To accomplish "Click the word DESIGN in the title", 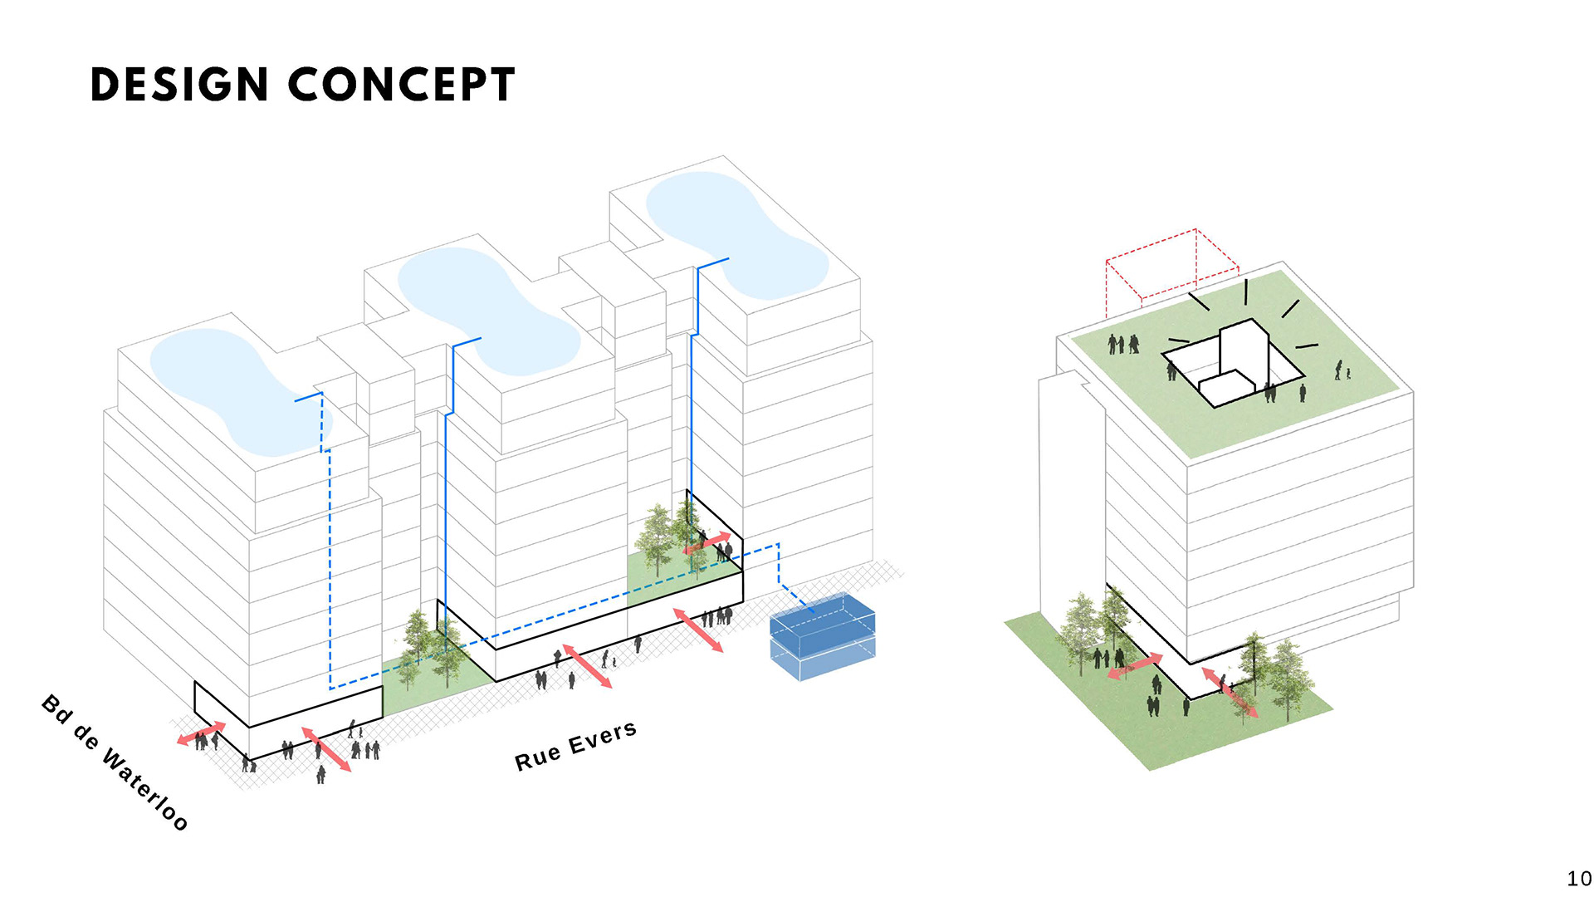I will pyautogui.click(x=178, y=85).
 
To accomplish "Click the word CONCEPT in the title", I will pyautogui.click(x=402, y=85).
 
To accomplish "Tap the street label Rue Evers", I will pyautogui.click(x=575, y=746).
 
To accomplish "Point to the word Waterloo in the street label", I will pyautogui.click(x=146, y=790).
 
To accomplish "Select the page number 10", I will pyautogui.click(x=1578, y=879).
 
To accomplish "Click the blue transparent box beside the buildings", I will pyautogui.click(x=822, y=635).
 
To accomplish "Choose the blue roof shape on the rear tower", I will pyautogui.click(x=735, y=233).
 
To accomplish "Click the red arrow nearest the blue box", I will pyautogui.click(x=697, y=630).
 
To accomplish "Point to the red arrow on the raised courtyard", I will pyautogui.click(x=707, y=543).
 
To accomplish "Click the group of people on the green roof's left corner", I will pyautogui.click(x=1123, y=344).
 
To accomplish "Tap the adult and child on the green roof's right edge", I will pyautogui.click(x=1342, y=370).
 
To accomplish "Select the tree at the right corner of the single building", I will pyautogui.click(x=1287, y=677).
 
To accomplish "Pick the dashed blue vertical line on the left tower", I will pyautogui.click(x=330, y=565).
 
